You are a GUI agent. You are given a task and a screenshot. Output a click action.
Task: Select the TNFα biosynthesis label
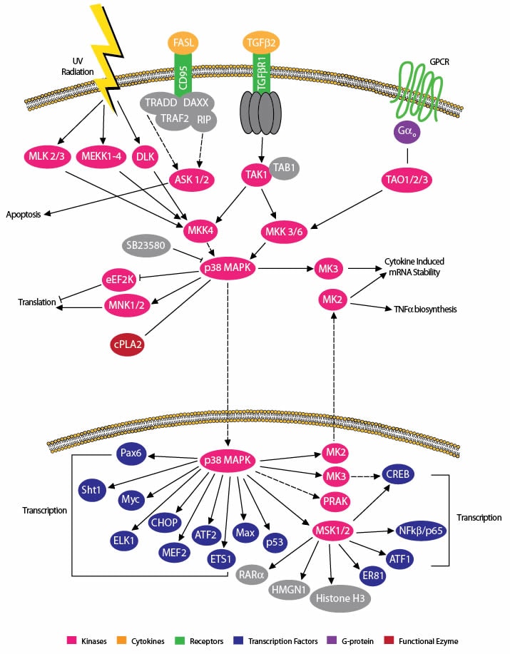tap(425, 310)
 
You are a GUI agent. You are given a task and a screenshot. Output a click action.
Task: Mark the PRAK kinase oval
tap(335, 501)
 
